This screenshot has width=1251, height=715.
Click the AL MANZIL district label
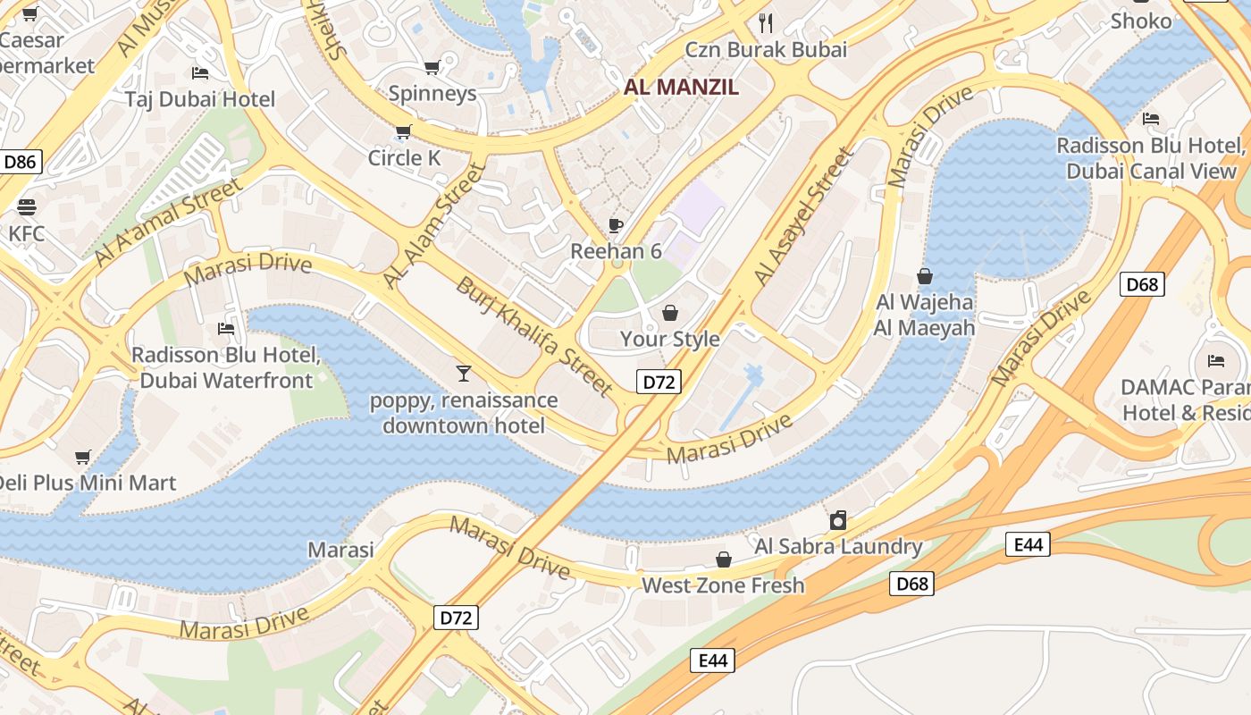(681, 87)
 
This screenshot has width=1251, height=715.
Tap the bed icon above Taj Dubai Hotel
(200, 72)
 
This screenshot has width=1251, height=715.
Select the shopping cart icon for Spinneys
(432, 67)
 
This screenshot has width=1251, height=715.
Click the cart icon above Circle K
(403, 132)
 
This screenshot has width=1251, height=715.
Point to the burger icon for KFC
(27, 207)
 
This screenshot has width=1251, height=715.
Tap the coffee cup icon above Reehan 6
(615, 224)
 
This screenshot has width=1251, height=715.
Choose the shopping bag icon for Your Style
(669, 313)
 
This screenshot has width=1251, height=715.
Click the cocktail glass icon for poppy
(463, 373)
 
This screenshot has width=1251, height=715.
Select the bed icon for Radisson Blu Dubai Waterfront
(226, 328)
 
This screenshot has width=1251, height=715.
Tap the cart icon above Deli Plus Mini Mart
(83, 457)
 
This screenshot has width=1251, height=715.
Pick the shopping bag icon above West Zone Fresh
(723, 559)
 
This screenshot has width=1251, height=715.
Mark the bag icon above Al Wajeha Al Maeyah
(924, 276)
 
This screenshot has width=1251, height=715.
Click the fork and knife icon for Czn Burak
(765, 22)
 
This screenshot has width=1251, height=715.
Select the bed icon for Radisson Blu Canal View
(1151, 118)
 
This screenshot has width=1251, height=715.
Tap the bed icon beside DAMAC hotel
(1215, 360)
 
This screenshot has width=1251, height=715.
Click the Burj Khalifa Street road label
(534, 336)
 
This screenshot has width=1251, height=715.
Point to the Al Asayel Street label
(803, 217)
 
